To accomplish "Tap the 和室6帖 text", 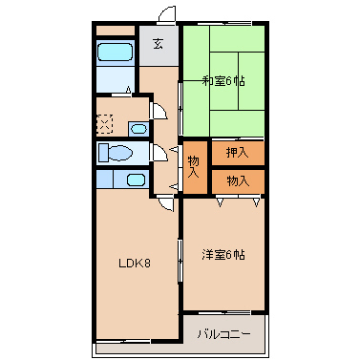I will click(x=223, y=81).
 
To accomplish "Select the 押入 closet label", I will click(x=238, y=153).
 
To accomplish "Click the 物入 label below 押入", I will click(x=238, y=180).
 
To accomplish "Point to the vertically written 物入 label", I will click(x=194, y=166).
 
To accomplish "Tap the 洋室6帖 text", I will click(x=223, y=255).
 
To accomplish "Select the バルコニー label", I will click(x=224, y=334).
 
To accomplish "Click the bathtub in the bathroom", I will click(x=116, y=51).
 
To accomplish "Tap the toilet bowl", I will click(x=117, y=153).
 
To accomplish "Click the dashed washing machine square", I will click(x=105, y=124).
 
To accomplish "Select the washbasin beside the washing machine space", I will click(x=138, y=128).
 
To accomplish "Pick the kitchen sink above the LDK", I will click(x=135, y=180).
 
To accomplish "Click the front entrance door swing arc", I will click(x=167, y=14).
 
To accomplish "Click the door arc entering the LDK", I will click(x=165, y=200).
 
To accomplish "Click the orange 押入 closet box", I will click(x=238, y=153).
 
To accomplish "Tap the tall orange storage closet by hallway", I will click(x=194, y=167).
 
